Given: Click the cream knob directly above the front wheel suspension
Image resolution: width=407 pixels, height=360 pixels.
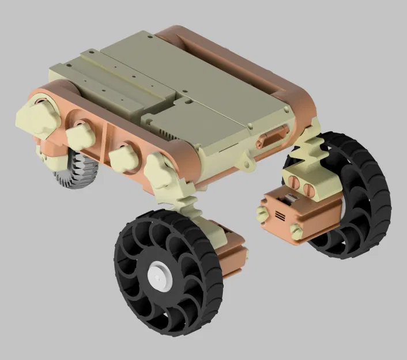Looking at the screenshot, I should click(163, 172).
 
